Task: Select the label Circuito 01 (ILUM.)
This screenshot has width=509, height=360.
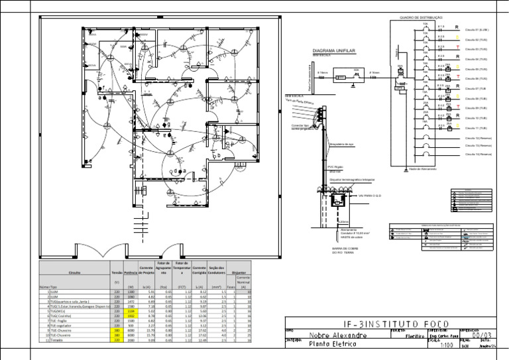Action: tap(477, 30)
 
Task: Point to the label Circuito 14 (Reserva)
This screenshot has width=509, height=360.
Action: tap(478, 154)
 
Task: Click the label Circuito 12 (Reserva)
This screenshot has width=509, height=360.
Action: tap(478, 138)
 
